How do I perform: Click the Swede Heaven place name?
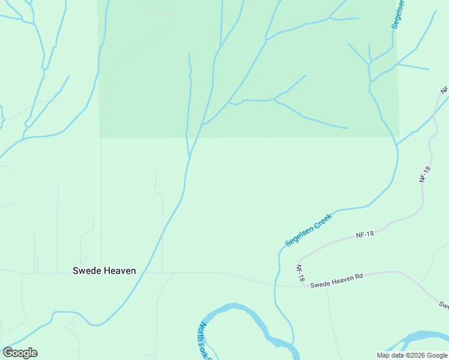pos(104,271)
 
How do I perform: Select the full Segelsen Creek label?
pos(309,231)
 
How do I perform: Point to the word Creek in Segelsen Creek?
pos(322,221)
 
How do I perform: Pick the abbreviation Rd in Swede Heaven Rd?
pos(359,277)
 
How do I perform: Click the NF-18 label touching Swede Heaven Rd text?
pos(301,273)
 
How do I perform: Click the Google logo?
pos(20,353)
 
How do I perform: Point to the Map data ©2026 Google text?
pos(412,355)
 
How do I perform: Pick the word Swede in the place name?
pos(86,271)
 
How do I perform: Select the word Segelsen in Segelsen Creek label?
pos(300,236)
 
